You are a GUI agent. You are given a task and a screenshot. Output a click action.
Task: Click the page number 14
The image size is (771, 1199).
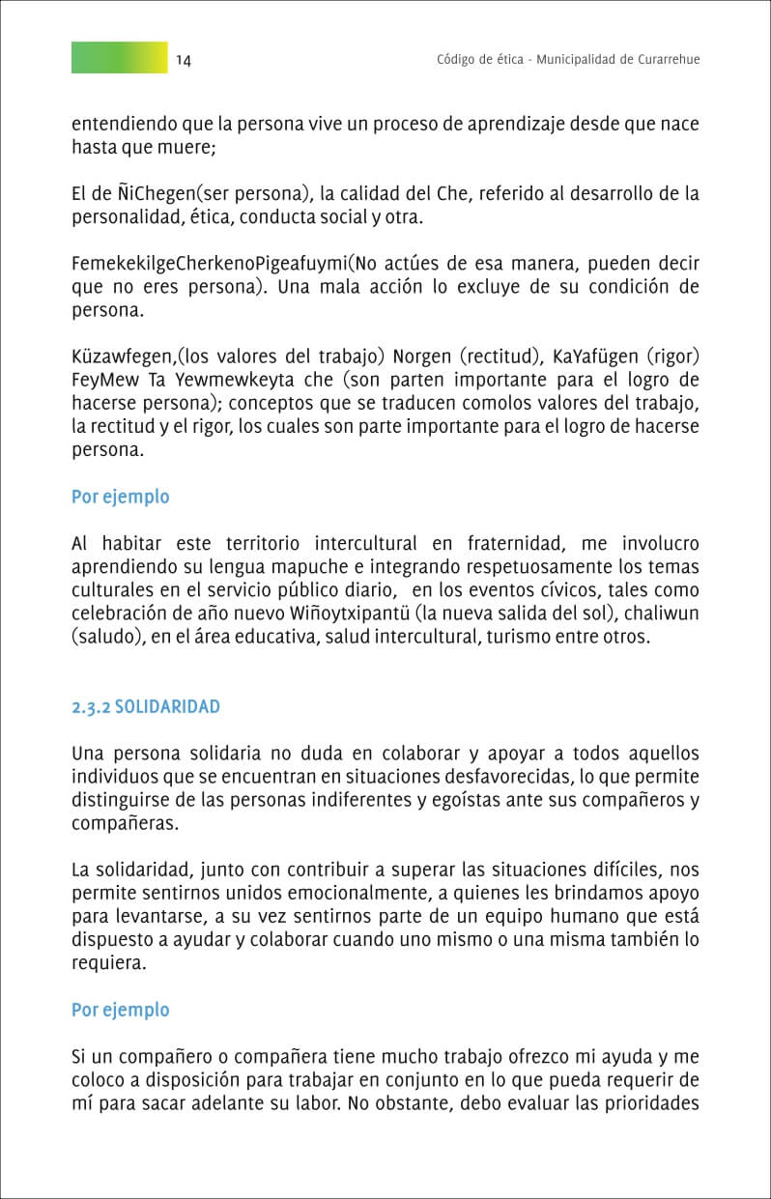pos(184,60)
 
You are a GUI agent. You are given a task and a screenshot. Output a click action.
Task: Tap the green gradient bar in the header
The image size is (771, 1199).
pos(119,58)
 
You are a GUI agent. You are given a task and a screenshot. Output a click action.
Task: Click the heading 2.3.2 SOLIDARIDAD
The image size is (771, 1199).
pos(146,706)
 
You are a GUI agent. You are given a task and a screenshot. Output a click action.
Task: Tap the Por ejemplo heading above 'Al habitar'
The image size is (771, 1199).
pos(121,497)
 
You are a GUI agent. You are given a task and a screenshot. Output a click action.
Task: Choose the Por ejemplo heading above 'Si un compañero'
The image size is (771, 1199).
pos(121,1010)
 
